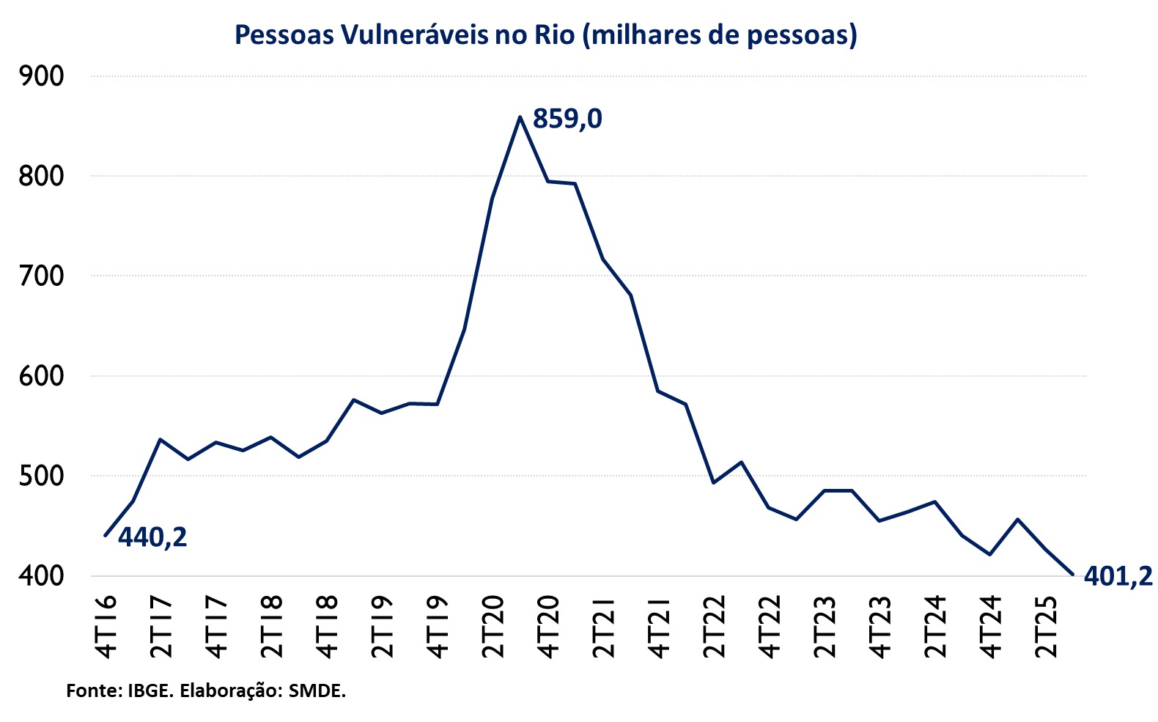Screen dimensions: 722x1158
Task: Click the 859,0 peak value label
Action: tap(567, 119)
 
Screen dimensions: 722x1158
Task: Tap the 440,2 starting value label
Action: tap(152, 538)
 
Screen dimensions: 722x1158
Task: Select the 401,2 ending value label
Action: tap(1118, 578)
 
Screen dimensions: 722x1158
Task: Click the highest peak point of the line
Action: tap(520, 117)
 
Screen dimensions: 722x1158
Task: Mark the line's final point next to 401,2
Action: tap(1072, 575)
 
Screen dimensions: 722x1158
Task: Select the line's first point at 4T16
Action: tap(106, 536)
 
